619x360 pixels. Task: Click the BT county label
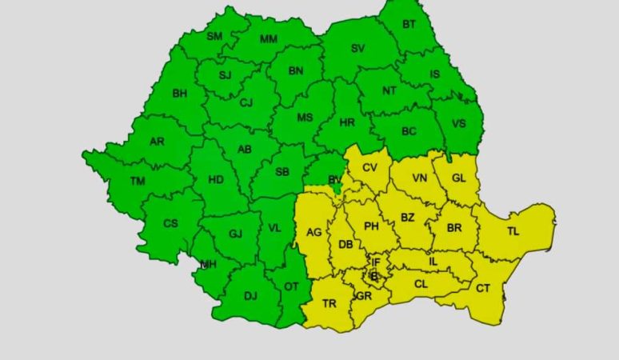coord(409,25)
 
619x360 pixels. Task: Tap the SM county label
coord(214,37)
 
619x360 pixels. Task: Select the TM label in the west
coord(138,182)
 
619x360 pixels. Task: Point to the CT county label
coord(483,289)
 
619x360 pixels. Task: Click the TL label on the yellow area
coord(512,232)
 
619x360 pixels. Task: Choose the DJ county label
coord(250,297)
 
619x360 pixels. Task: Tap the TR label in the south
coord(329,304)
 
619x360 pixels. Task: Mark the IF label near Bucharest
coord(375,262)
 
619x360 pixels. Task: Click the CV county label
coord(369,168)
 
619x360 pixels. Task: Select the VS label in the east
coord(459,124)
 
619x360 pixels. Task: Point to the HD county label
coord(216,180)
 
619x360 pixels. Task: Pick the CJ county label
coord(246,102)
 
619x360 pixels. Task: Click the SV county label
coord(357,49)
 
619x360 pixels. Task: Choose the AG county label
coord(313,233)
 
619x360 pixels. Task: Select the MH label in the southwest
coord(208,265)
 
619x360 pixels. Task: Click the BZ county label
coord(408,218)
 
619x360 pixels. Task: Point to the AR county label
coord(158,142)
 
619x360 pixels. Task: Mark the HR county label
coord(347,123)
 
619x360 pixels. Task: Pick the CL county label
coord(421,284)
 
